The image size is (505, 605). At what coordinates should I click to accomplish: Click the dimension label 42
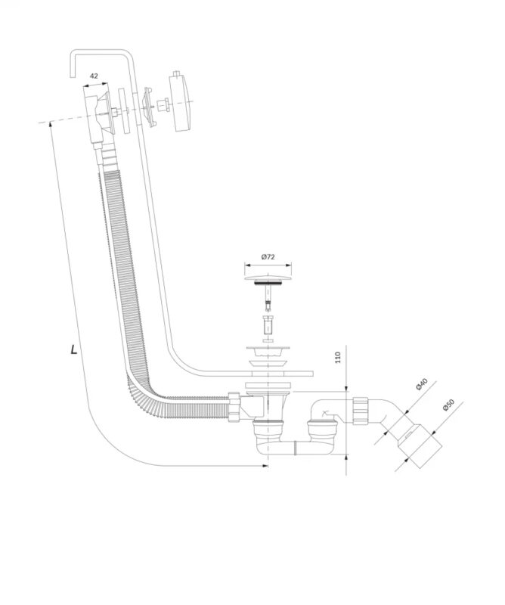[94, 76]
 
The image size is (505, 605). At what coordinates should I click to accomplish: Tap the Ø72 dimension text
[268, 257]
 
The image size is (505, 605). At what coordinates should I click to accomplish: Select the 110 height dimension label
[338, 357]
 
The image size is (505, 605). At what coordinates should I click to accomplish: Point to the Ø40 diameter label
[422, 385]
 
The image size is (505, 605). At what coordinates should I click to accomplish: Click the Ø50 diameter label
[448, 405]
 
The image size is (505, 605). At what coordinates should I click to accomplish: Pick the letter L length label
[73, 350]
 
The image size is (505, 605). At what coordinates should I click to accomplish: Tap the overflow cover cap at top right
[181, 102]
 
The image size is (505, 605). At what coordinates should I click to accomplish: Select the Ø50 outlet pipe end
[418, 444]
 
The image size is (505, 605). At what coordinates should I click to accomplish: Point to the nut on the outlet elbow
[361, 410]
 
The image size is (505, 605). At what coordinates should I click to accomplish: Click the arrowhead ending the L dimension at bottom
[265, 466]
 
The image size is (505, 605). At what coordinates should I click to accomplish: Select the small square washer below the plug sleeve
[268, 341]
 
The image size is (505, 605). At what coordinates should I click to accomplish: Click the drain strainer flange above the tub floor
[267, 352]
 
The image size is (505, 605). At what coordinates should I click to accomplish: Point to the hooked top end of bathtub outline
[73, 64]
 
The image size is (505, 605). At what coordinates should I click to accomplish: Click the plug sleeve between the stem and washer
[268, 325]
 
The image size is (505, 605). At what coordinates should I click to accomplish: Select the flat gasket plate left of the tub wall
[123, 111]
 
